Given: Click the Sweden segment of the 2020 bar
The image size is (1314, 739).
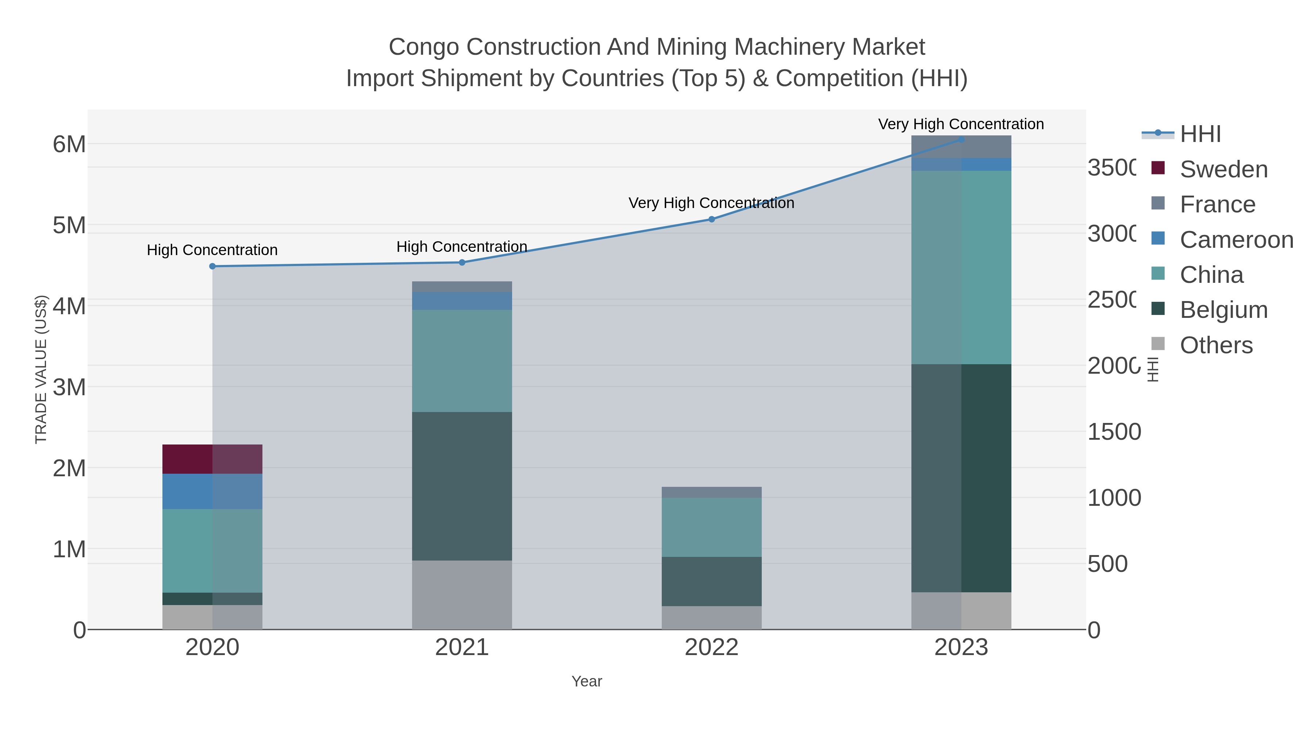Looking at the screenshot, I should (x=212, y=459).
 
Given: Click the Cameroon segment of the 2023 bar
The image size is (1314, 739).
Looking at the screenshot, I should (x=961, y=164).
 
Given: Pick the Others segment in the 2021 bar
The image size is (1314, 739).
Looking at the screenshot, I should (x=462, y=595).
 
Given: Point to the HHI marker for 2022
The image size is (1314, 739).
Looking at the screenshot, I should (x=712, y=219).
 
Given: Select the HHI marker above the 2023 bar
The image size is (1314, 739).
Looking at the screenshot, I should (x=961, y=139).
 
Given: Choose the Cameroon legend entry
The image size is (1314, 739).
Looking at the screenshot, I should (x=1236, y=240).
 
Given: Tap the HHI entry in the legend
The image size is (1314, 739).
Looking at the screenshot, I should (x=1200, y=134).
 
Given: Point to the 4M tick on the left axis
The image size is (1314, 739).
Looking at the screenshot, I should (x=69, y=307).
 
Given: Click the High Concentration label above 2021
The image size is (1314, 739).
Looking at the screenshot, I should (x=462, y=247).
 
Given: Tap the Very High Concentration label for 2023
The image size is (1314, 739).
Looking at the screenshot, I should (x=961, y=124).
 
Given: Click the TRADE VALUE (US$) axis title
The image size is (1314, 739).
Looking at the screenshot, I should (x=41, y=369).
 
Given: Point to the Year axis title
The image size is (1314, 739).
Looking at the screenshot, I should (x=587, y=681).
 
